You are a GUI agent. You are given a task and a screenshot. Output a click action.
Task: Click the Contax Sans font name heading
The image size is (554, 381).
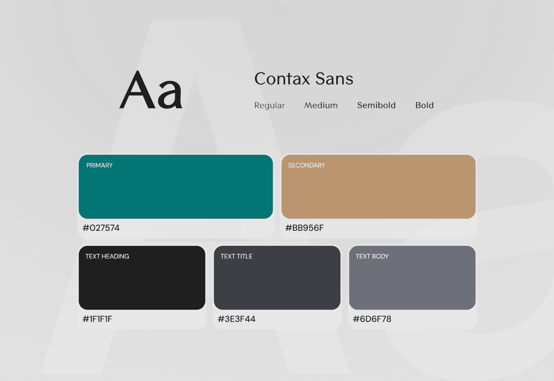point(304,79)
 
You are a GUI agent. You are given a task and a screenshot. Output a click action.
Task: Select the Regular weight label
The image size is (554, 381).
point(269,106)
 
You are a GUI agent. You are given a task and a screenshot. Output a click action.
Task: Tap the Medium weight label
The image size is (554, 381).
point(321,105)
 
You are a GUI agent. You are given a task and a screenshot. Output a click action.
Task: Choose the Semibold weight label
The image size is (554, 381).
point(376,105)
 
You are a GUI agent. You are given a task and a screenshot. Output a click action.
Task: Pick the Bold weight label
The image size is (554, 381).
point(424,105)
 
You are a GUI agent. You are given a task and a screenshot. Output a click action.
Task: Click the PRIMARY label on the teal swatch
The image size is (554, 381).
point(99,165)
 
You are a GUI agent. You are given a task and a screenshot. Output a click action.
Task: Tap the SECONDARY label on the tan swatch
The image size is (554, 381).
point(306,165)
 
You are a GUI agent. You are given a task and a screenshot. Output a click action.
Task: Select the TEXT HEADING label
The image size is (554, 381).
point(107,256)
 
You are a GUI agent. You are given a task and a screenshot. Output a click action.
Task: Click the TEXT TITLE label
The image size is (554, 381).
point(236,256)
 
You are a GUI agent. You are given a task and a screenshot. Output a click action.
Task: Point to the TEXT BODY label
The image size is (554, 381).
point(372,256)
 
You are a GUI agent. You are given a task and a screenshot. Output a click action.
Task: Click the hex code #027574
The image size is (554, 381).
point(101,228)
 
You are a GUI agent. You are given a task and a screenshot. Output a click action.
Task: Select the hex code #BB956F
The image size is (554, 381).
point(304,228)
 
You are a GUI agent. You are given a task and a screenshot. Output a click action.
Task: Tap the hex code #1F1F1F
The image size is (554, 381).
point(97,319)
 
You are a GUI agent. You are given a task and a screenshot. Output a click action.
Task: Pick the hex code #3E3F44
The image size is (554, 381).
point(236,319)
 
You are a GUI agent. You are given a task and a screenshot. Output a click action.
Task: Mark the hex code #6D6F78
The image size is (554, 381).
point(372,319)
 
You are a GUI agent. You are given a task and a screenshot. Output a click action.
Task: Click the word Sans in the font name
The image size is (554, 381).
point(334,79)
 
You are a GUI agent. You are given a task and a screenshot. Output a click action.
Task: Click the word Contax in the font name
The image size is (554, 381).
point(282,79)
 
